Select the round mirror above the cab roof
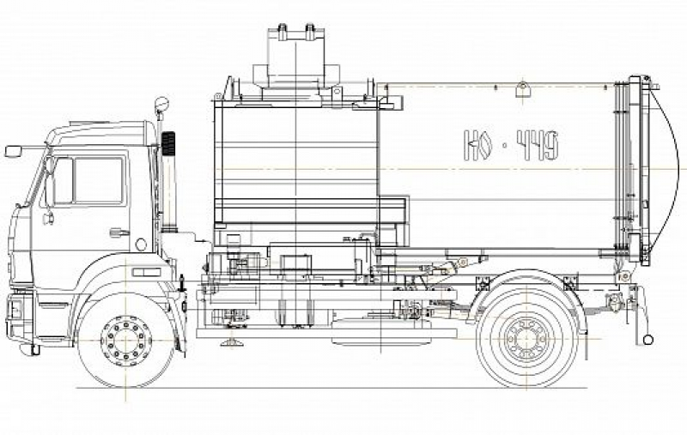click(161, 104)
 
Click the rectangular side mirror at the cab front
click(13, 151)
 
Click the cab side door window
click(99, 180)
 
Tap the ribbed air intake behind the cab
click(168, 143)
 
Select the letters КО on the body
click(479, 144)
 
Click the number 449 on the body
click(538, 144)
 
